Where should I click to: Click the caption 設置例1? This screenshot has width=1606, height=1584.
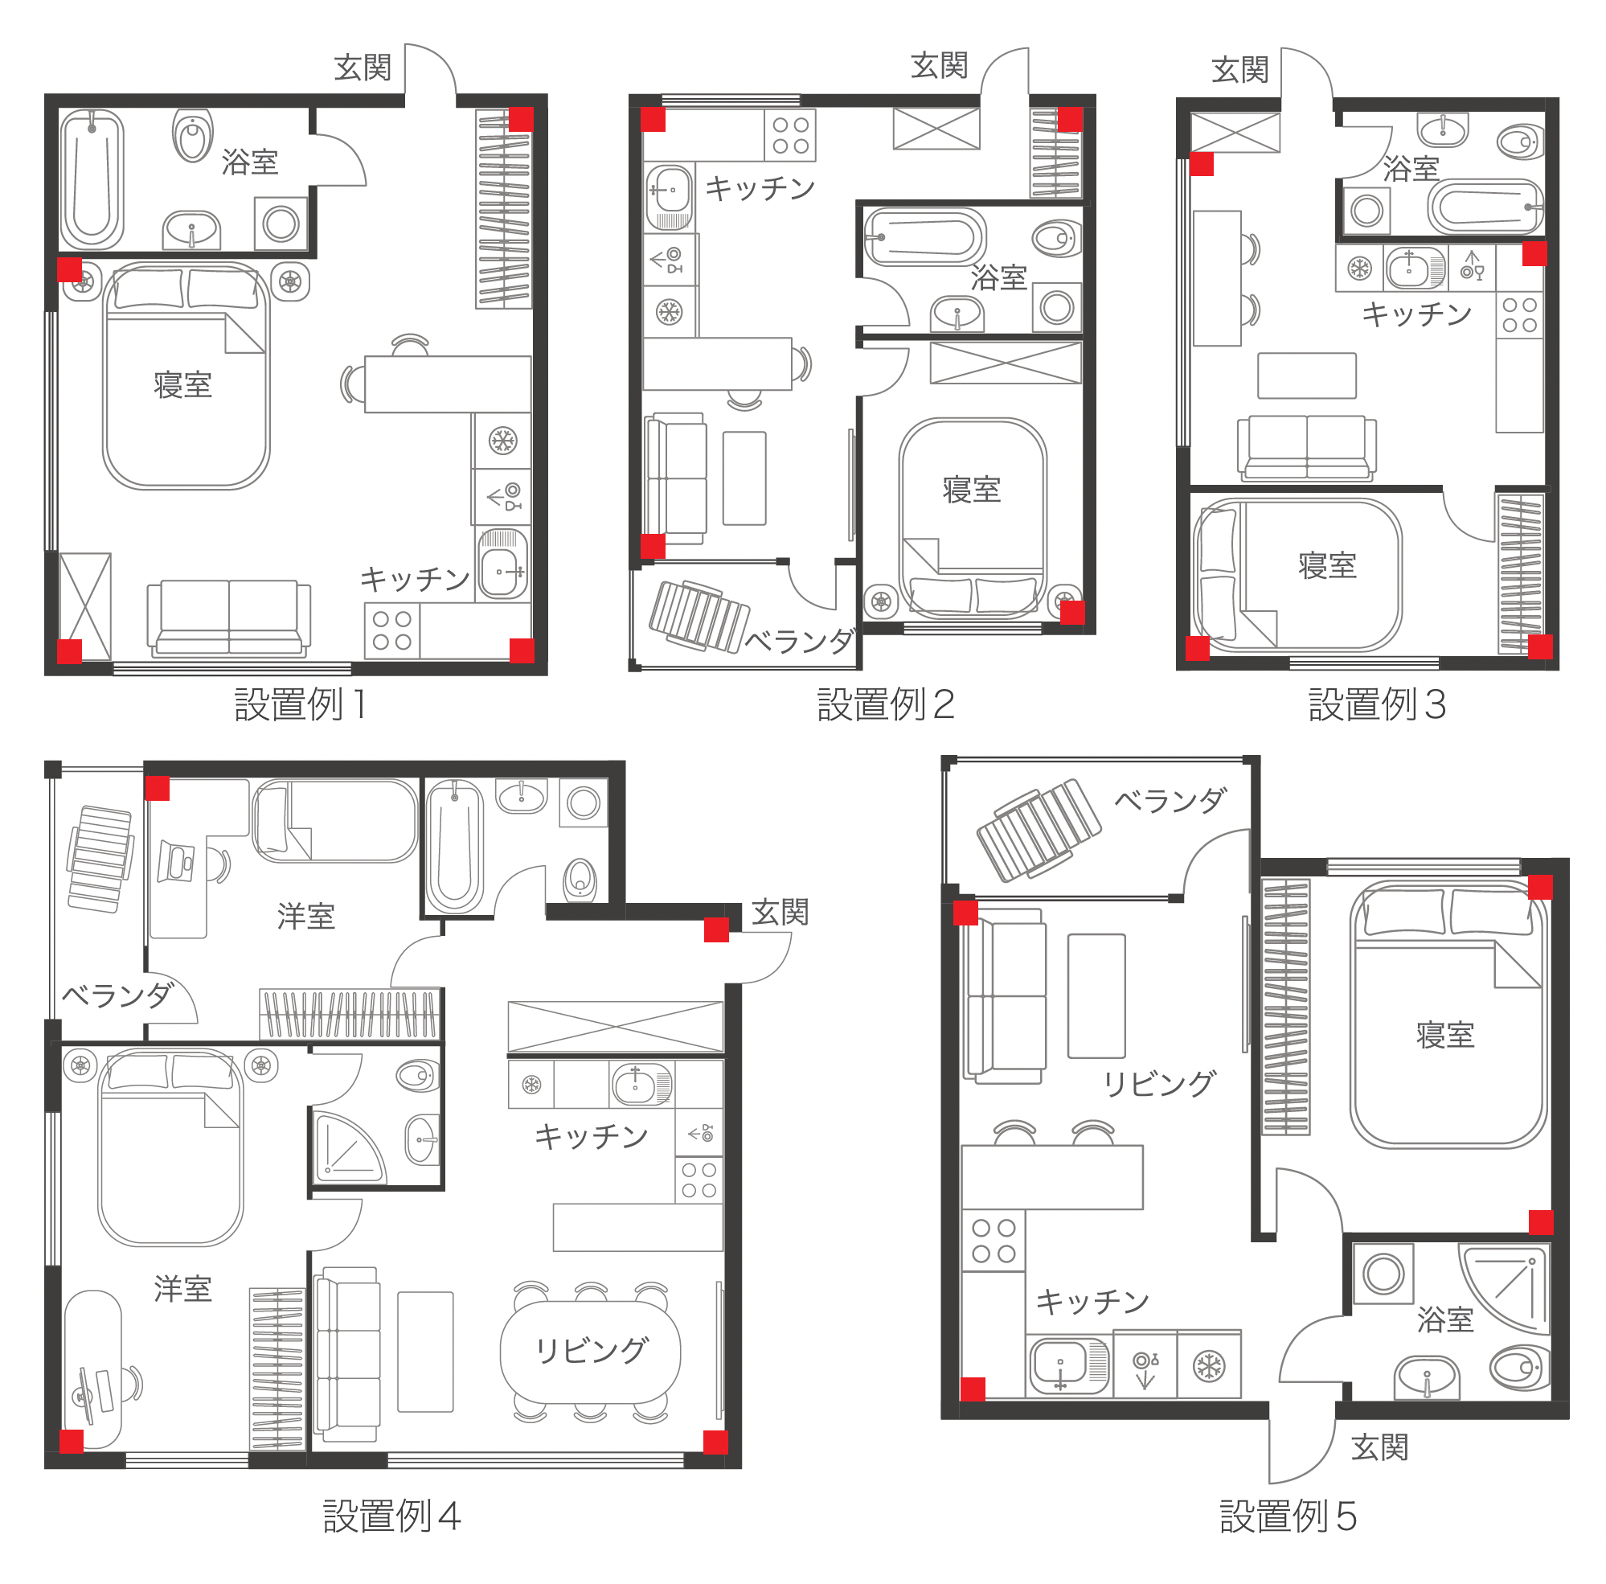300,704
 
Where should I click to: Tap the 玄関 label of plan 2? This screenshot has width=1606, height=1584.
940,66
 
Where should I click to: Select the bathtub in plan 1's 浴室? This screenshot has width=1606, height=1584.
92,179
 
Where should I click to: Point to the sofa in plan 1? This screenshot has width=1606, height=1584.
228,617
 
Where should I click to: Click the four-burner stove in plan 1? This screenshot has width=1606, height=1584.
392,630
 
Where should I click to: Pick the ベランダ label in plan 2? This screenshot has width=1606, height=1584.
800,640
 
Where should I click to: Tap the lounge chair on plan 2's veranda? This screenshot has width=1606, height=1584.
699,616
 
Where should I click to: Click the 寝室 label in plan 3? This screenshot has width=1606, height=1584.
1328,565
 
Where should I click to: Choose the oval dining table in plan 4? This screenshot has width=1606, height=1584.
590,1350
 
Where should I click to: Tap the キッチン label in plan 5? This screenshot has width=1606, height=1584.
1092,1300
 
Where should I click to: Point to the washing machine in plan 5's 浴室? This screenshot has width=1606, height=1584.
1383,1273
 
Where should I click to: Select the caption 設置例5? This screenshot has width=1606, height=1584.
1288,1516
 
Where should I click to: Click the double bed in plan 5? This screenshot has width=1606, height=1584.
1448,1016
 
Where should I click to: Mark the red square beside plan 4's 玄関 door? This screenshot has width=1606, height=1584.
716,929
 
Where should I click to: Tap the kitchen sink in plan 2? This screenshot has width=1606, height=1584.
669,196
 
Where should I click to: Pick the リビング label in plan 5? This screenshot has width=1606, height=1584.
1159,1083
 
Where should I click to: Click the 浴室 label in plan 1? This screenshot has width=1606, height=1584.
249,162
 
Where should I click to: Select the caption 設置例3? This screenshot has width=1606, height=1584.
1378,704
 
